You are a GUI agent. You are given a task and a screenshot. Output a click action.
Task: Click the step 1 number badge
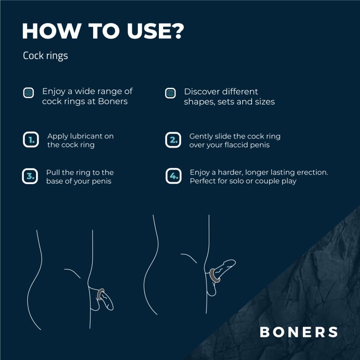[31, 140]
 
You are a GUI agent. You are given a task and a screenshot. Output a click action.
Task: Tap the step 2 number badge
[173, 140]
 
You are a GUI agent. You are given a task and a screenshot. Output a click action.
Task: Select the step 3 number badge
[30, 176]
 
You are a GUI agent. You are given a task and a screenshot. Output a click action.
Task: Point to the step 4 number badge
[173, 176]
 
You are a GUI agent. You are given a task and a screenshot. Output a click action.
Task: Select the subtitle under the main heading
[45, 56]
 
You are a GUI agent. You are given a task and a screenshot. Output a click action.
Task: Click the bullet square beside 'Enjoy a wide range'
[29, 93]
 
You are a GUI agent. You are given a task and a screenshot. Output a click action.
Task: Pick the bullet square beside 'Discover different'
[171, 93]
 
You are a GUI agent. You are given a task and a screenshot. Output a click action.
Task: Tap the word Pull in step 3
[53, 172]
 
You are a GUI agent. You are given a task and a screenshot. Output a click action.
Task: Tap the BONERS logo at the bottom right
[298, 332]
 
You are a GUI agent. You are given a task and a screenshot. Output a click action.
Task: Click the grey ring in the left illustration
[101, 294]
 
